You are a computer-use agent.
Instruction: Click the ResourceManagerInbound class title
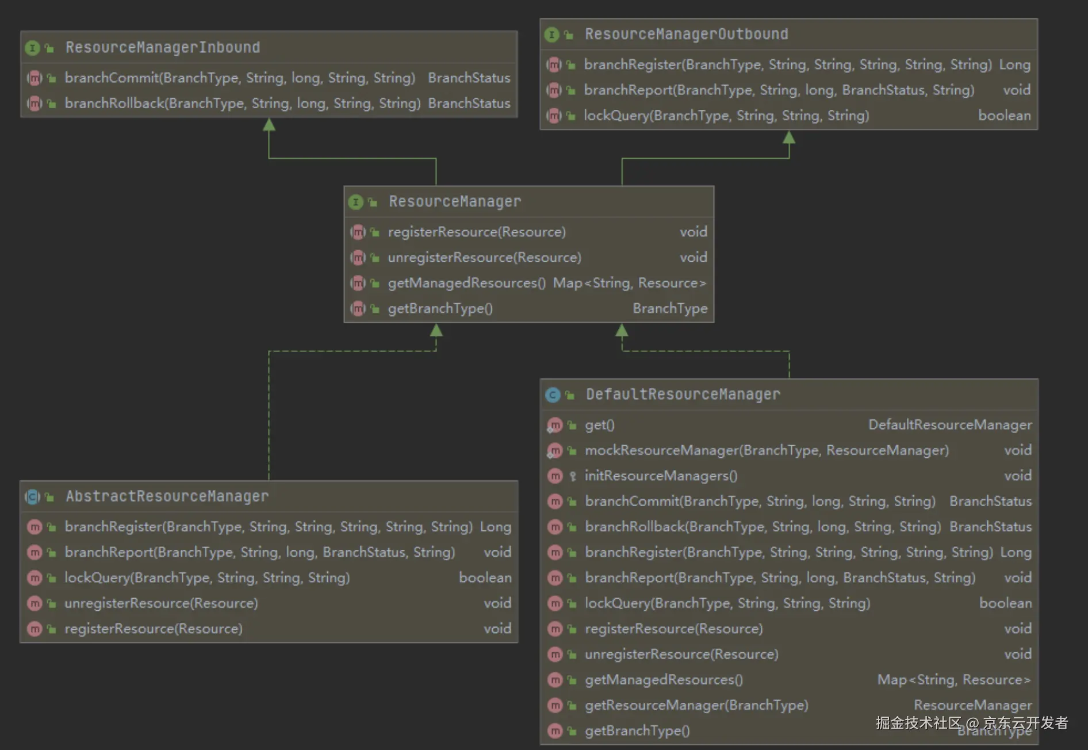point(163,47)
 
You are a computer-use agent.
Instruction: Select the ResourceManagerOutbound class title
point(686,35)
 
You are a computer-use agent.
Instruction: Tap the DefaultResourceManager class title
point(683,395)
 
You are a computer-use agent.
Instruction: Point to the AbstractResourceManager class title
point(167,496)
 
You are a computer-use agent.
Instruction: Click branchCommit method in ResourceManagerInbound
point(239,78)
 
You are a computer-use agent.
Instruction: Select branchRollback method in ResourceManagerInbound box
point(242,104)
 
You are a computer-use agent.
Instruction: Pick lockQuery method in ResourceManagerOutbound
point(726,116)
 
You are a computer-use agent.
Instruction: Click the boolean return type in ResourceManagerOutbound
point(1004,116)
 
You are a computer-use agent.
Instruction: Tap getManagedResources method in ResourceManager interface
point(466,283)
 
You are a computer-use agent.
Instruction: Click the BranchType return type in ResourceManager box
point(670,309)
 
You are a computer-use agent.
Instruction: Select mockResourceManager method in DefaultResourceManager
point(767,450)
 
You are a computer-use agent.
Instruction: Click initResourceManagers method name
point(661,476)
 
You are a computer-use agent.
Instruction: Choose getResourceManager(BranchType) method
point(696,705)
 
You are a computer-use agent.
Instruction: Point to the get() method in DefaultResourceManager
point(599,425)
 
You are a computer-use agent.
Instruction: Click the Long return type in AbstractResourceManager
point(495,527)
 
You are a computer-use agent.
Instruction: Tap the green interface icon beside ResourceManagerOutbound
point(551,35)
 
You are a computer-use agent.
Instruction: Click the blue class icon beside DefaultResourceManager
point(553,395)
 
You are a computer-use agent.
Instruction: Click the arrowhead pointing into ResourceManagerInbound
point(269,124)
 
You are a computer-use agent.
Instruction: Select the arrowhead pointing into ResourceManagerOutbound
point(789,137)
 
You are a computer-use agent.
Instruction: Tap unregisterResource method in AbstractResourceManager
point(161,603)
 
